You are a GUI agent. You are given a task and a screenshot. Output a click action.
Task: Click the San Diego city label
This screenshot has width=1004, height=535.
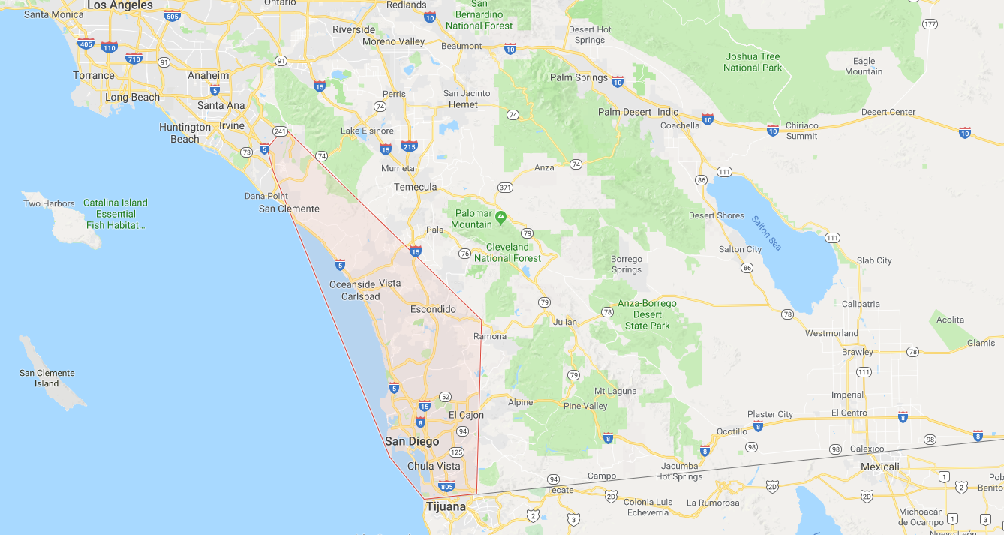[x=412, y=441]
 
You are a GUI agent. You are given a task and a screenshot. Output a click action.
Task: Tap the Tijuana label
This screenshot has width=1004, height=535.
[x=446, y=506]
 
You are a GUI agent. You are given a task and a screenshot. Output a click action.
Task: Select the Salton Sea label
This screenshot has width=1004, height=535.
[x=765, y=233]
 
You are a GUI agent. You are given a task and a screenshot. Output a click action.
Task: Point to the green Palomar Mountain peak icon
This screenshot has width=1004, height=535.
[x=500, y=217]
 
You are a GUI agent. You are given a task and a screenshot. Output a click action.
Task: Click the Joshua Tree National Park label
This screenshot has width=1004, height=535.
[x=753, y=62]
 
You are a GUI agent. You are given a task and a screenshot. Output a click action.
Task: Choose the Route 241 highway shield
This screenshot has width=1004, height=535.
[x=280, y=131]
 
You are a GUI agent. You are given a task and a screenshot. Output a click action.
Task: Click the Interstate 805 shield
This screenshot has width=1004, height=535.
[x=446, y=485]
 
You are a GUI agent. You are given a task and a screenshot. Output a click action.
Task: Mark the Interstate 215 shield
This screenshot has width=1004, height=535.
[x=409, y=146]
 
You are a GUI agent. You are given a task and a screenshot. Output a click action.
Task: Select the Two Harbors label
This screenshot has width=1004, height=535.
[x=49, y=203]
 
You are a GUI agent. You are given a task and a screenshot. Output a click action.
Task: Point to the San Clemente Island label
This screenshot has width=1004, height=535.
[x=47, y=378]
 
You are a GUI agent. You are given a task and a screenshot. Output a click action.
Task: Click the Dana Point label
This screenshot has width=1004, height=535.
[x=266, y=196]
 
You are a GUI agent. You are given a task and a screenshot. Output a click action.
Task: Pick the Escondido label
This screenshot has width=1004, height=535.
[x=433, y=309]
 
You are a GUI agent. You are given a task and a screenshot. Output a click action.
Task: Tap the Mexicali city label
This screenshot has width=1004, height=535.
[x=879, y=467]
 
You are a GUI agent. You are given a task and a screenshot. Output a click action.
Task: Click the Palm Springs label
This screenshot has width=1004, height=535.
[x=579, y=77]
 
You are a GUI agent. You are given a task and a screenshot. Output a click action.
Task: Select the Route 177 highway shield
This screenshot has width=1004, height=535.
[x=930, y=24]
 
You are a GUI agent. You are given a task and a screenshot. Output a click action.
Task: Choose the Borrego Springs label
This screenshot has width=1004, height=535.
[x=627, y=264]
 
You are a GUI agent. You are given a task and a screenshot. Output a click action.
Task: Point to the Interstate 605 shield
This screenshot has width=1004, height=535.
[x=172, y=16]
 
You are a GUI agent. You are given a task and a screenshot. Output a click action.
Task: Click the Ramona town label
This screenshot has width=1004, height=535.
[x=490, y=336]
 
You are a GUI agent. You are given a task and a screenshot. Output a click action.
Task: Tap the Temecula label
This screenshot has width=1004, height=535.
[x=415, y=187]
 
